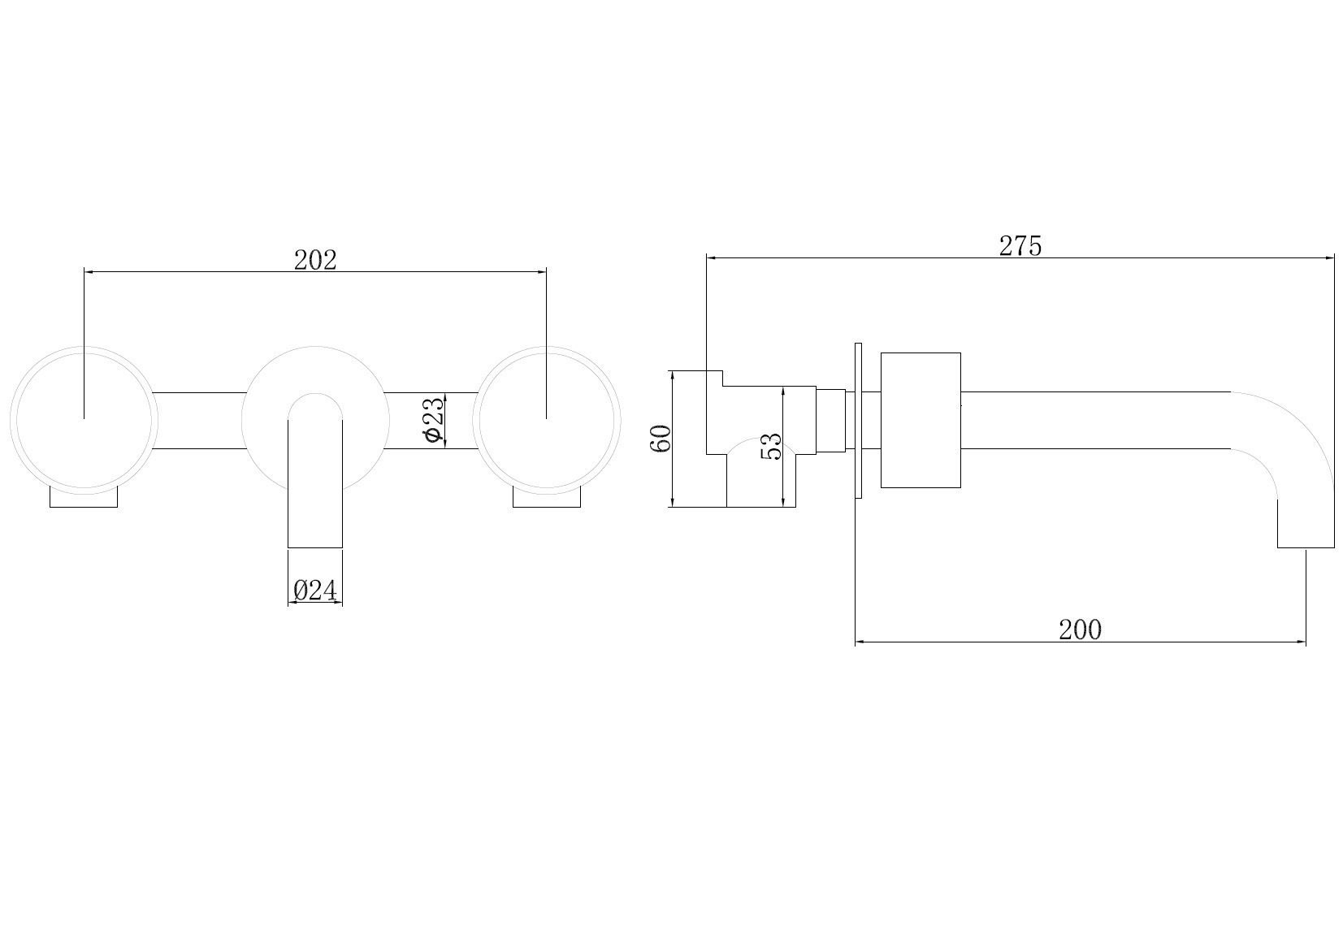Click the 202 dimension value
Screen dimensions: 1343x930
315,260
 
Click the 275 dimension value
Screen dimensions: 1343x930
1020,245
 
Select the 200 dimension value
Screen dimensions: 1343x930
1081,629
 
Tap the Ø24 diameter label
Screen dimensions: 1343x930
315,590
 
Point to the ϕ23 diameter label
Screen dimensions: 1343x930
434,419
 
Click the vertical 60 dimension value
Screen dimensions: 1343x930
661,439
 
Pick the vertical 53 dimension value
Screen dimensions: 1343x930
771,447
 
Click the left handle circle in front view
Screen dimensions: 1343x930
84,346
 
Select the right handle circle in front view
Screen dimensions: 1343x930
547,346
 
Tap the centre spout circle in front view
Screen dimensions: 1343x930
315,346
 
